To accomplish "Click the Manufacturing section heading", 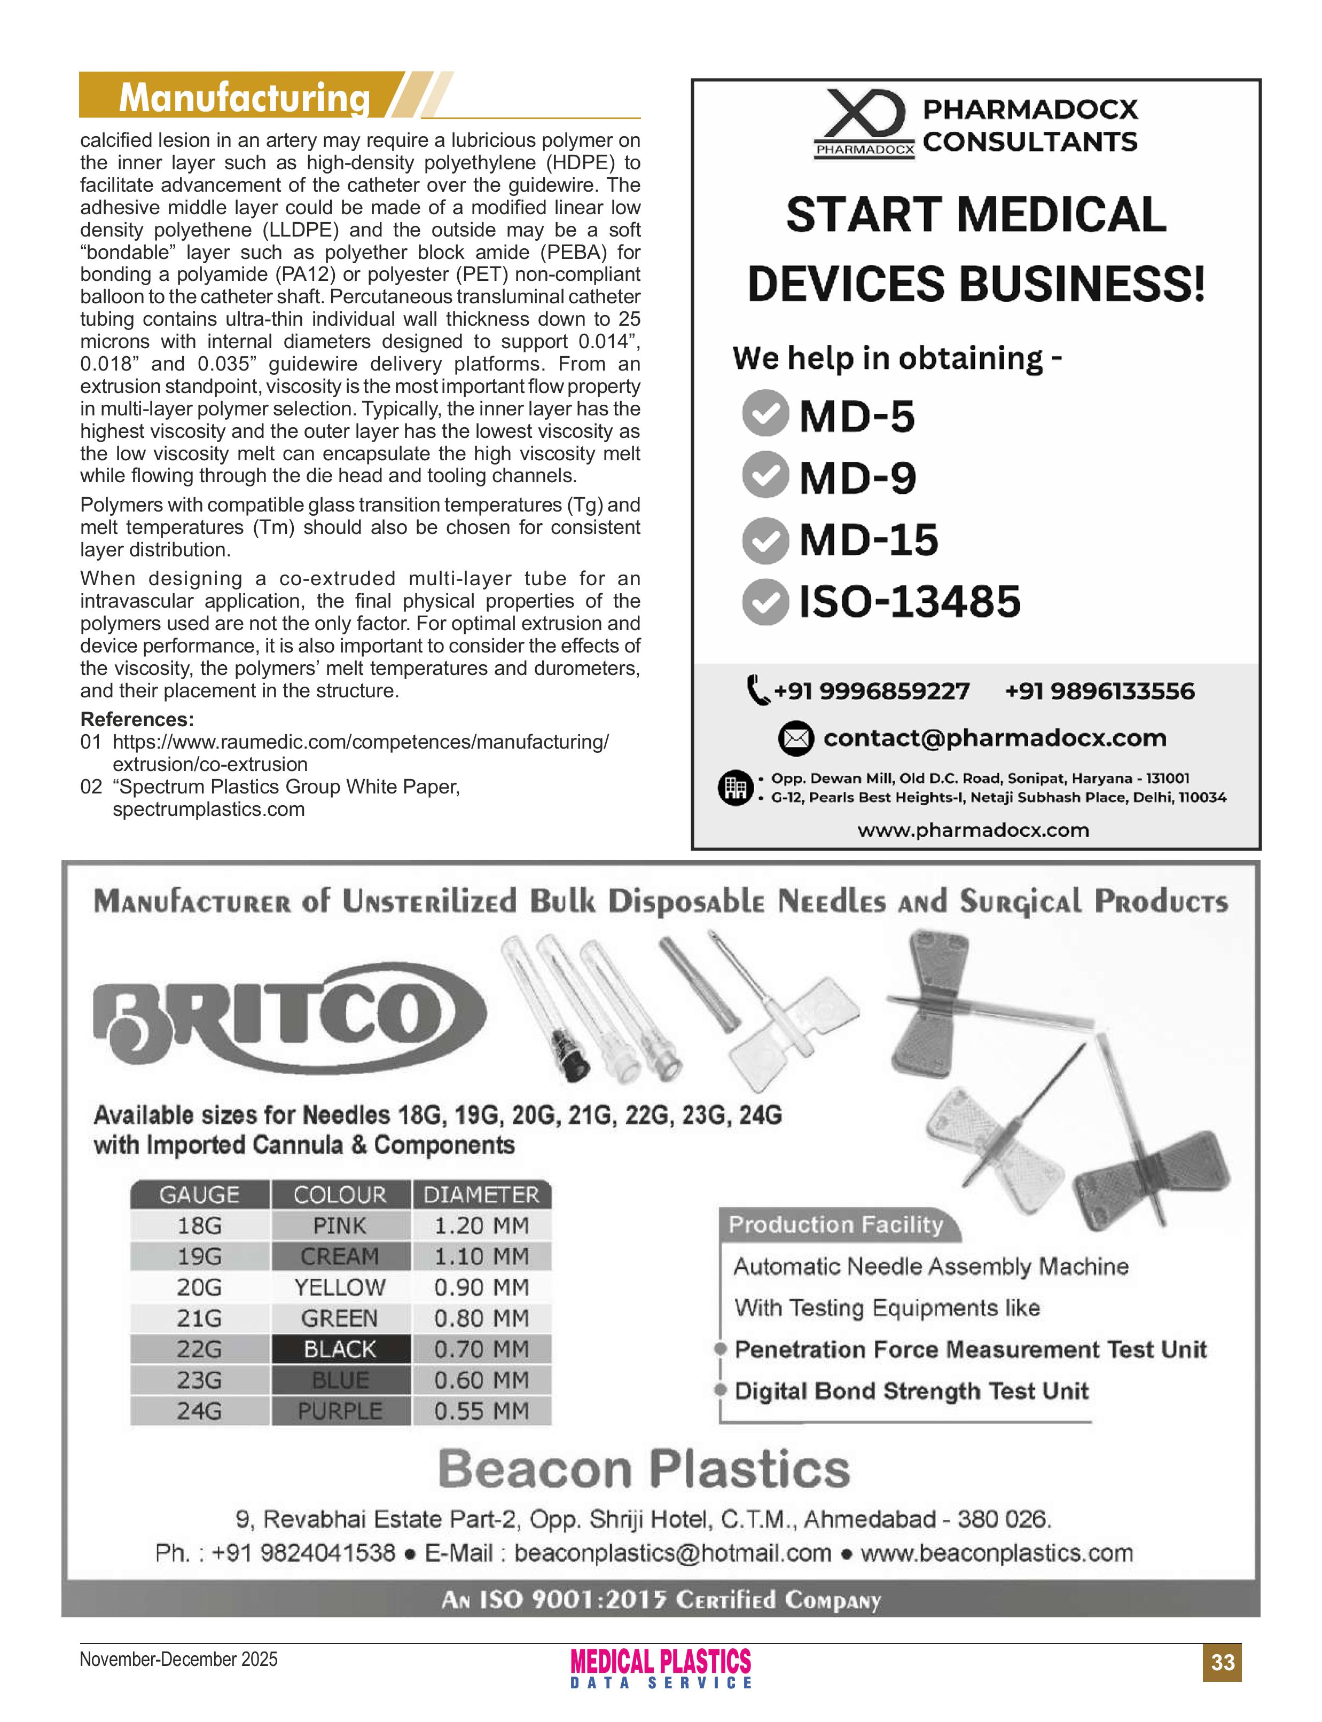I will (x=244, y=98).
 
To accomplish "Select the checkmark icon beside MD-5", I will (x=765, y=414).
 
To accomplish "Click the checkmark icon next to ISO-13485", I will (x=765, y=602).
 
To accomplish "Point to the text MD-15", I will (x=869, y=540).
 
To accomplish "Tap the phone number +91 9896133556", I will (x=1099, y=691).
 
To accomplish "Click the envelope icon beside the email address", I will (x=795, y=738).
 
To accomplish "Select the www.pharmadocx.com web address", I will (x=973, y=830).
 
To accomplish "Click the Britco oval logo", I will (x=290, y=1016).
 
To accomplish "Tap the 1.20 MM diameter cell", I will (x=482, y=1225).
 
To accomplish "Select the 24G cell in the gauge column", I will (x=199, y=1411).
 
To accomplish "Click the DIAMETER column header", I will (x=482, y=1194).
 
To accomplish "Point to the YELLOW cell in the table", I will (x=340, y=1287).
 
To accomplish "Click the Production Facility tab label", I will (x=836, y=1224).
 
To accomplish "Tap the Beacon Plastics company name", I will (x=644, y=1469).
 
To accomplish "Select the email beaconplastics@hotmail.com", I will (x=673, y=1553).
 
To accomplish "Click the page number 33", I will (x=1222, y=1662).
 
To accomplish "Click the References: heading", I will (x=137, y=719).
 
